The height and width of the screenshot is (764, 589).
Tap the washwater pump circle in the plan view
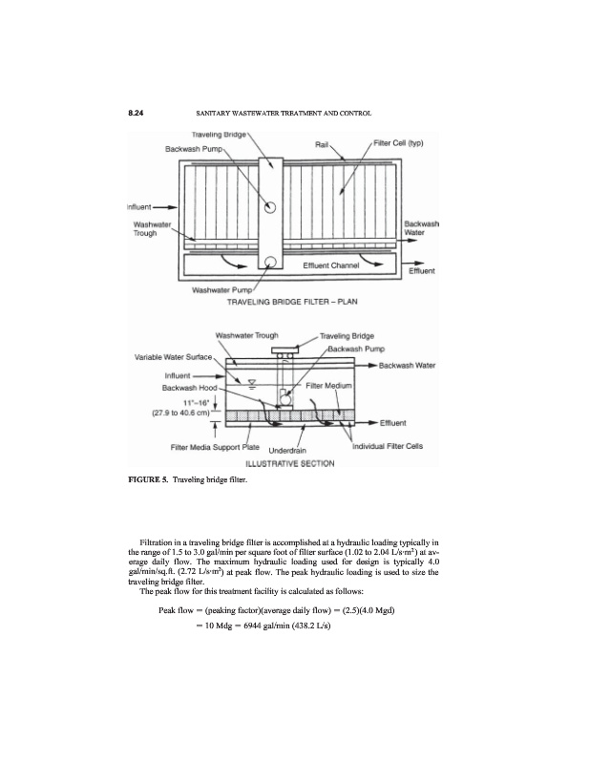[271, 263]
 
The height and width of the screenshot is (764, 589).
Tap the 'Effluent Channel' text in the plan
[330, 263]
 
